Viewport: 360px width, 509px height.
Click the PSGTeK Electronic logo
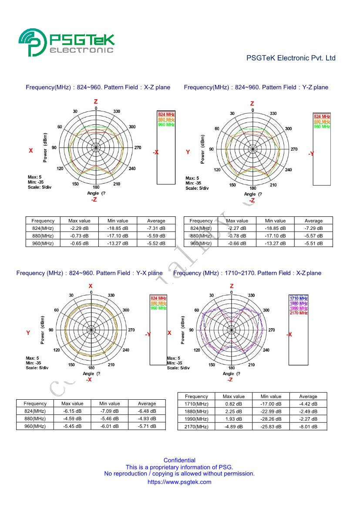(x=67, y=42)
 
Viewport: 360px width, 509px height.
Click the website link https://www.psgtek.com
(x=179, y=482)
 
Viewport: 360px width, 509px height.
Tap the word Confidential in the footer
(x=179, y=460)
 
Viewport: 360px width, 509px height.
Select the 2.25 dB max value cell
(x=234, y=411)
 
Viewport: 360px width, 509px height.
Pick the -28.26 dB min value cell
(x=271, y=419)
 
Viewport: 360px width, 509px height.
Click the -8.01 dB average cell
(x=308, y=427)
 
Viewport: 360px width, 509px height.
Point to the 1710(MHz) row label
(x=196, y=404)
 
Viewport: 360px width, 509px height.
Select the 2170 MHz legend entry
(x=299, y=313)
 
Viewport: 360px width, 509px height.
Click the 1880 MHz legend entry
(x=299, y=303)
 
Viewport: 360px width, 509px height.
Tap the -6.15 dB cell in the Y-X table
(x=72, y=411)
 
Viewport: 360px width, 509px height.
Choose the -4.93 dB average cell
(x=147, y=419)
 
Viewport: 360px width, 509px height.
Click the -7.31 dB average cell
(x=156, y=228)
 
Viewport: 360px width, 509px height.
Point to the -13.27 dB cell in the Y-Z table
(x=275, y=243)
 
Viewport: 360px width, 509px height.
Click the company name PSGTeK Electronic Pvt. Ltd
(x=291, y=58)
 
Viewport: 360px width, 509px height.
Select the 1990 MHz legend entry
(x=299, y=308)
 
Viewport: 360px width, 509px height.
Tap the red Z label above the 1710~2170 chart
(x=232, y=286)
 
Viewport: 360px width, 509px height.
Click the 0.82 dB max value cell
(x=234, y=404)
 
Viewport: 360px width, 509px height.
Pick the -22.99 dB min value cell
(x=271, y=411)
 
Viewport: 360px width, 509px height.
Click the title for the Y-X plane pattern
(x=89, y=273)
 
